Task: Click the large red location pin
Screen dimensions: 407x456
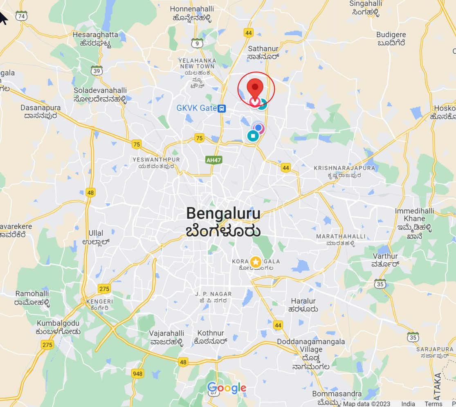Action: click(x=256, y=87)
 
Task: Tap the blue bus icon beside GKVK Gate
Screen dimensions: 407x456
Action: click(x=222, y=108)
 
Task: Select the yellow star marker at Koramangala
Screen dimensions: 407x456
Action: click(x=256, y=262)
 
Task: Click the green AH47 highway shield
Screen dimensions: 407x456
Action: click(x=214, y=160)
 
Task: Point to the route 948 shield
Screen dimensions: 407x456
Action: click(x=138, y=373)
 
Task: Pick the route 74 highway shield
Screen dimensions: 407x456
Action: click(x=22, y=16)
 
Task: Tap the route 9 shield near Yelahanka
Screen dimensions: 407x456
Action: click(x=198, y=44)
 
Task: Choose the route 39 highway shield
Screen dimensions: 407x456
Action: click(x=97, y=71)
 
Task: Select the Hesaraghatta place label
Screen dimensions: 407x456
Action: click(x=95, y=35)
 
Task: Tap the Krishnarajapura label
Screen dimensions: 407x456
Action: click(x=344, y=168)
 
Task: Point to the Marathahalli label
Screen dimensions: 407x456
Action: click(x=341, y=237)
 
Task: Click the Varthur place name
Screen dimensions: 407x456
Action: click(x=385, y=256)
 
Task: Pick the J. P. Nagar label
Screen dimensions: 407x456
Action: click(x=213, y=294)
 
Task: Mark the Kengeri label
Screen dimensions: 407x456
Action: click(x=100, y=301)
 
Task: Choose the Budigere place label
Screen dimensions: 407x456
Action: click(x=391, y=35)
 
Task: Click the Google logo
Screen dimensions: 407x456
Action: click(x=227, y=388)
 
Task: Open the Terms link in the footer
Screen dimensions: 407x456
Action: click(x=433, y=404)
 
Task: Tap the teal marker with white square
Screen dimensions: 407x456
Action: click(x=253, y=136)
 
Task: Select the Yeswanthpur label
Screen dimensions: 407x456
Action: click(x=156, y=159)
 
